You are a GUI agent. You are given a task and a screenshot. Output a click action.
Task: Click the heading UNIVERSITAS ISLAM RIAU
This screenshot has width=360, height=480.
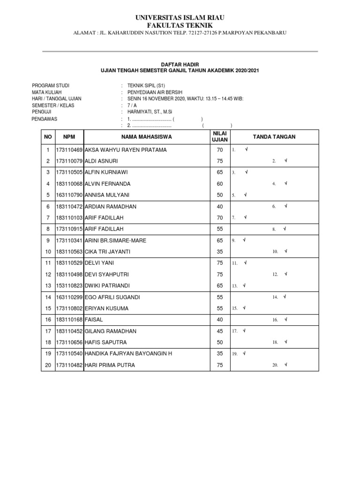click(x=180, y=17)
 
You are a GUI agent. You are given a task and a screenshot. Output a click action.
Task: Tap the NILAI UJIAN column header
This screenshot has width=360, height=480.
click(x=220, y=136)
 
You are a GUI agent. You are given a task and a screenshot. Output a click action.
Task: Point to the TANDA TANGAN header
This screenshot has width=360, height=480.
click(x=274, y=137)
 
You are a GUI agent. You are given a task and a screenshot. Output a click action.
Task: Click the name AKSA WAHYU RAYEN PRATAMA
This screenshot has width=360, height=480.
click(x=125, y=150)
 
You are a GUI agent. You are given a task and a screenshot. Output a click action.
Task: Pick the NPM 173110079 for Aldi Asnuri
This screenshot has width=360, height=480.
click(x=69, y=161)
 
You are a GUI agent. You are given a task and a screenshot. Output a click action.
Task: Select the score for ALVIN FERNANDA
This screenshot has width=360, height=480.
click(x=220, y=184)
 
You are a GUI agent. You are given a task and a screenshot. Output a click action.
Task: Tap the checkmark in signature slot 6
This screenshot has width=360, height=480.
click(x=285, y=206)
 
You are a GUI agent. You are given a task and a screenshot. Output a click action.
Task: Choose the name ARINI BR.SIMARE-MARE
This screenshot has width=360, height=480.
click(x=115, y=240)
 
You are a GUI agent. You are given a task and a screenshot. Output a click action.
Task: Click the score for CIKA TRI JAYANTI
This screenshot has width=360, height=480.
click(x=220, y=252)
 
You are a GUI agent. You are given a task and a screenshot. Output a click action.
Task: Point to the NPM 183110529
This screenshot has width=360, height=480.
click(x=69, y=263)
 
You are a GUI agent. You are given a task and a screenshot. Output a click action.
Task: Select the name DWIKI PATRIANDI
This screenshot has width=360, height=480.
click(x=108, y=285)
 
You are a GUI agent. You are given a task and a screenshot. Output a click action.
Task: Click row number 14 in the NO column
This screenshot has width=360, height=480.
click(x=47, y=297)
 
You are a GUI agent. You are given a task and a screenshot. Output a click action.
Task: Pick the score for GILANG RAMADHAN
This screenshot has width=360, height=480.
click(x=220, y=331)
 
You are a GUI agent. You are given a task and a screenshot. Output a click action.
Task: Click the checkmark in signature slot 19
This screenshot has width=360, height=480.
click(x=245, y=354)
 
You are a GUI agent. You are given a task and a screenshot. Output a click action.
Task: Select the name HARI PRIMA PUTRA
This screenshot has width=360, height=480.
click(x=109, y=365)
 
